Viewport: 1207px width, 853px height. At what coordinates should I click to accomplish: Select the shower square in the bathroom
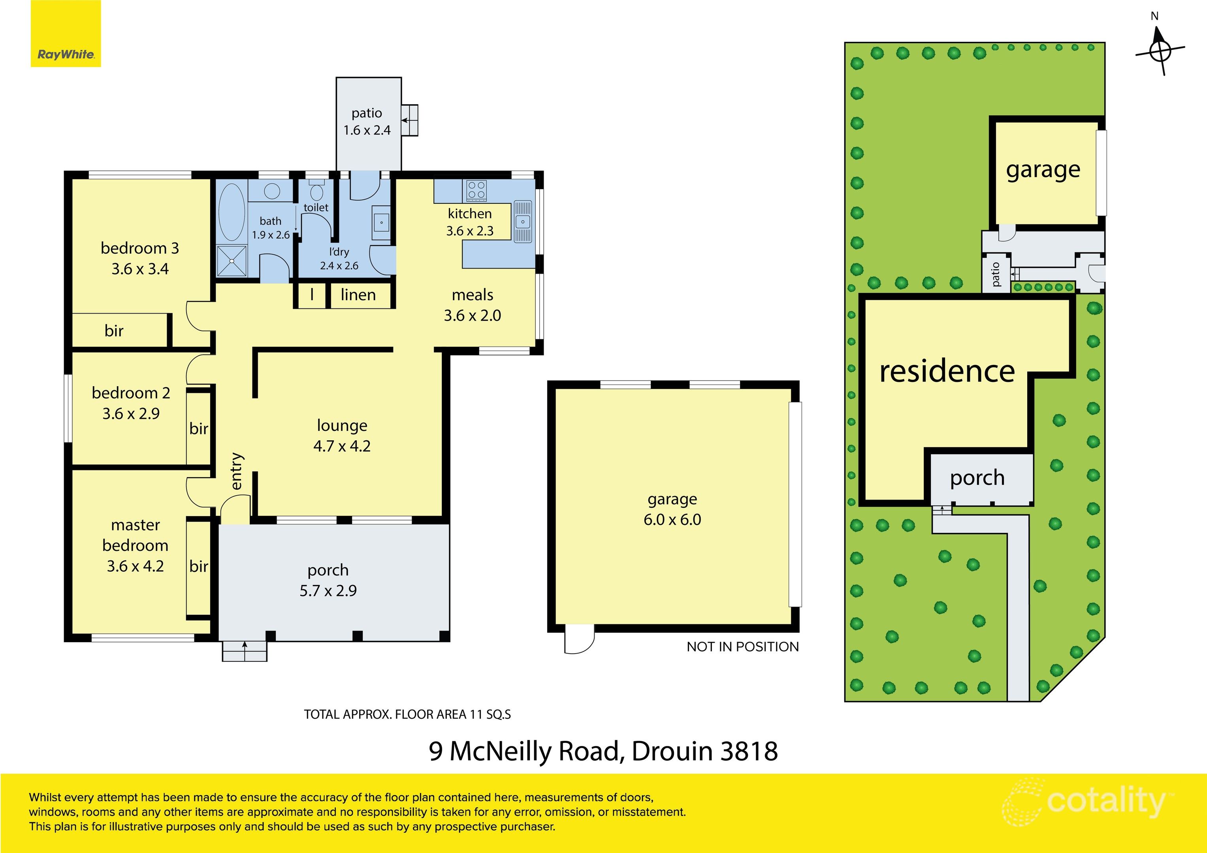(x=231, y=261)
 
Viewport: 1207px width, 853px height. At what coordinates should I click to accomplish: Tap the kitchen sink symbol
(x=523, y=221)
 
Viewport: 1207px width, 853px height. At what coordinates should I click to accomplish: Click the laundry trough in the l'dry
(x=381, y=222)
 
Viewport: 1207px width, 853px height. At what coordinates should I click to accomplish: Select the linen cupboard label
(x=358, y=295)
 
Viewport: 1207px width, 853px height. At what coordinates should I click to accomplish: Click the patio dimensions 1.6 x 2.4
(x=367, y=130)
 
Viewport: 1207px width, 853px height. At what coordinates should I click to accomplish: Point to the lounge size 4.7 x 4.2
(x=342, y=446)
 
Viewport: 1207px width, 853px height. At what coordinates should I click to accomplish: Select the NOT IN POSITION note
(x=742, y=647)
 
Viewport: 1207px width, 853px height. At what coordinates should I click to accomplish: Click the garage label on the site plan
(x=1043, y=170)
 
